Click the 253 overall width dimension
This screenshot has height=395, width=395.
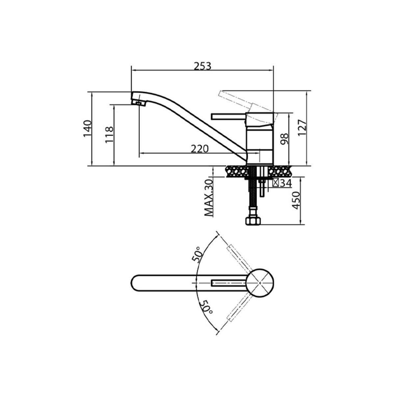pos(202,66)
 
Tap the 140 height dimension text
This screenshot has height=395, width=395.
pos(87,129)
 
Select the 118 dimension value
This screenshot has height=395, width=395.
pos(109,135)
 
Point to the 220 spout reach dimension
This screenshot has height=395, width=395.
pos(200,149)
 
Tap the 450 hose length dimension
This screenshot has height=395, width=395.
pos(296,200)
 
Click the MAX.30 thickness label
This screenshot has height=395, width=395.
pos(209,198)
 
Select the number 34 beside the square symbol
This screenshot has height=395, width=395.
pos(286,183)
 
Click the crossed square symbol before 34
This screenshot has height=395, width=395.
pos(276,183)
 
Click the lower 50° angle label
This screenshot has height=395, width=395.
pos(206,309)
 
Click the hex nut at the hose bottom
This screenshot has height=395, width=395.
pos(253,221)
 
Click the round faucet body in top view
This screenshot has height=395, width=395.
pos(260,283)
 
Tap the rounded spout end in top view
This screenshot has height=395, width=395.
pos(135,283)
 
